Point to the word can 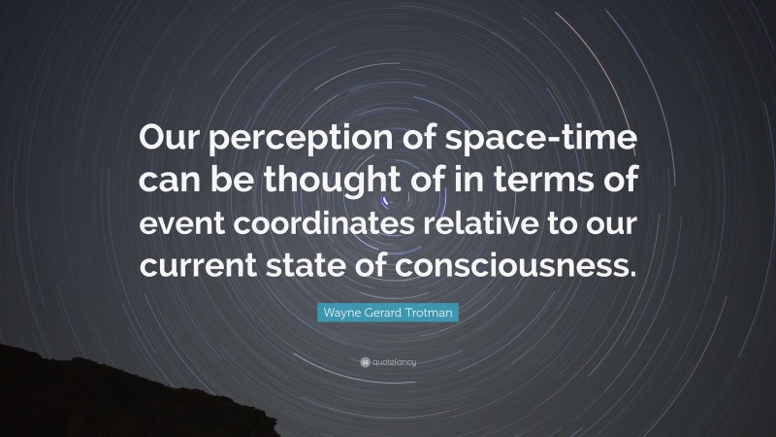167,182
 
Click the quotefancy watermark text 395,361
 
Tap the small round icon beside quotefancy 364,361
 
